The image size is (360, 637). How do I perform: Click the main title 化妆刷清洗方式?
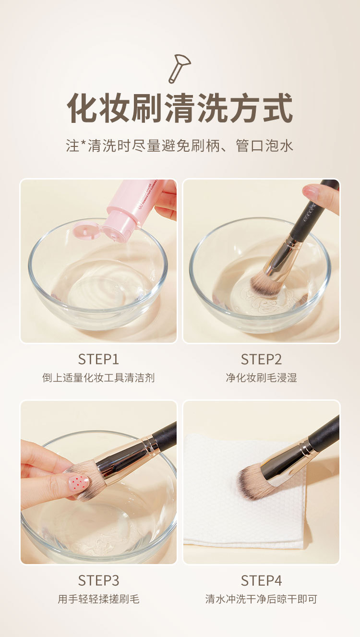tap(180, 108)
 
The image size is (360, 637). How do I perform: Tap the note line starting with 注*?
tap(180, 145)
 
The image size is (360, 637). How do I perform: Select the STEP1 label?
tap(98, 359)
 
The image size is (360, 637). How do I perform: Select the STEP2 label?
tap(261, 359)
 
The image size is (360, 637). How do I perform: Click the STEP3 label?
tap(98, 580)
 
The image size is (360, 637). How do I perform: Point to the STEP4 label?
tap(261, 580)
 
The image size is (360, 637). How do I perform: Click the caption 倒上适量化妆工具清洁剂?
tap(98, 378)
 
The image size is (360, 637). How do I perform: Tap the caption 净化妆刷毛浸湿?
tap(261, 378)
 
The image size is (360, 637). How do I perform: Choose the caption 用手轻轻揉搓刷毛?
tap(98, 599)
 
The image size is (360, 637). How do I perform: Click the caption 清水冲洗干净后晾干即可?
tap(261, 599)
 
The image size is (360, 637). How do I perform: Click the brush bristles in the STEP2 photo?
tap(266, 283)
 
